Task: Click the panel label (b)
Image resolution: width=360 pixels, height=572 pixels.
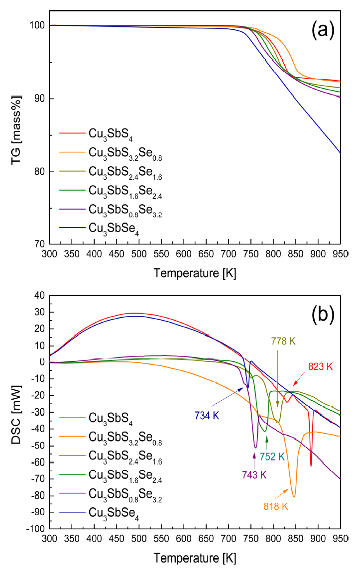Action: point(322,314)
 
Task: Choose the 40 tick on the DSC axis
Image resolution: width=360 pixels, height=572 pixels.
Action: point(42,296)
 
